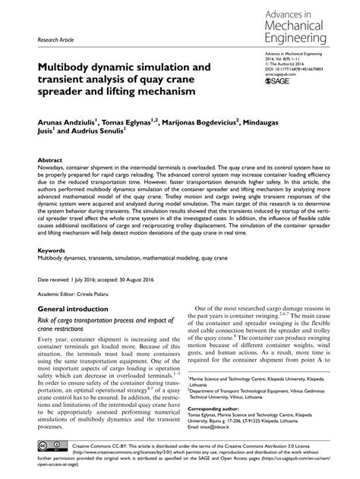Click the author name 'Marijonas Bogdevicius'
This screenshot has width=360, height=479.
pyautogui.click(x=200, y=120)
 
